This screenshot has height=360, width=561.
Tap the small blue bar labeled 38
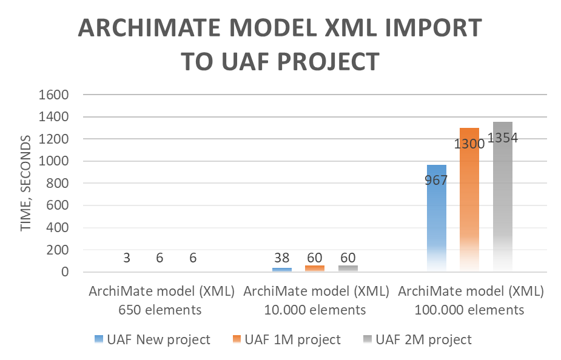pyautogui.click(x=282, y=269)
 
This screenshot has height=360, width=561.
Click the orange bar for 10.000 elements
pyautogui.click(x=315, y=268)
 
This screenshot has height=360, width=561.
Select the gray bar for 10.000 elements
pyautogui.click(x=348, y=268)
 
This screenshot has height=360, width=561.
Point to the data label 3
pyautogui.click(x=127, y=258)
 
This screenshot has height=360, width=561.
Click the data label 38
pyautogui.click(x=282, y=258)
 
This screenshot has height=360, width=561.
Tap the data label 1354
pyautogui.click(x=502, y=138)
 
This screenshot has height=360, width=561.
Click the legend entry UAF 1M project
pyautogui.click(x=288, y=339)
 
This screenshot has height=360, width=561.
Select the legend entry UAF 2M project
pyautogui.click(x=419, y=339)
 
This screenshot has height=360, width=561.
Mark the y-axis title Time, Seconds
pyautogui.click(x=26, y=184)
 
